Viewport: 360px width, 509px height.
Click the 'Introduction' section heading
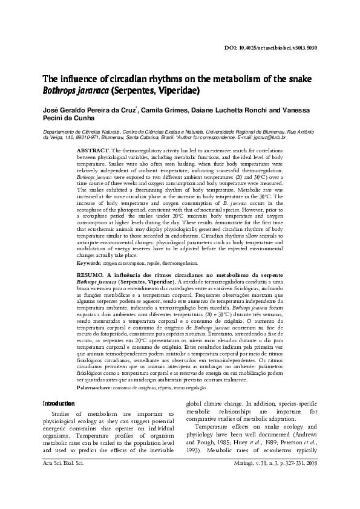59,403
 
